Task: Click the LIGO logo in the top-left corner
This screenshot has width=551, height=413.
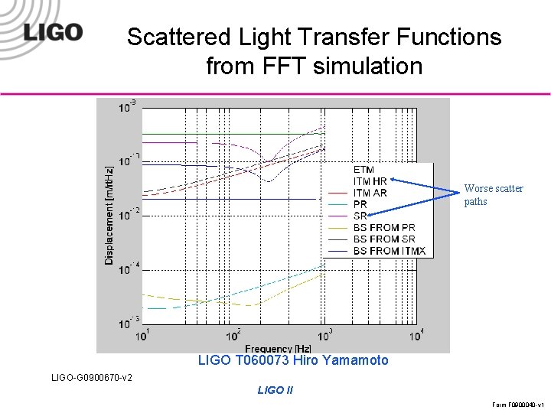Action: click(x=52, y=32)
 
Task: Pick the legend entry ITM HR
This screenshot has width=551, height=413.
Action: click(x=370, y=181)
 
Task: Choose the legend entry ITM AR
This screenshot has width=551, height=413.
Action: click(x=370, y=193)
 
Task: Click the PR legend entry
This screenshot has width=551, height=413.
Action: click(x=360, y=204)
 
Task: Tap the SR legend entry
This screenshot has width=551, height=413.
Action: click(x=360, y=216)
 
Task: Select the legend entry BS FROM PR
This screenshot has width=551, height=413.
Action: click(x=383, y=228)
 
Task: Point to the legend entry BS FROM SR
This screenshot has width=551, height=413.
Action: click(x=383, y=239)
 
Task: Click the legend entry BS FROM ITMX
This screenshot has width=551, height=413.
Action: click(x=389, y=251)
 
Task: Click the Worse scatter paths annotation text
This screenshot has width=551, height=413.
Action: click(x=494, y=195)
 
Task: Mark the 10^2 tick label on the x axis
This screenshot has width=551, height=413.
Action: click(x=234, y=335)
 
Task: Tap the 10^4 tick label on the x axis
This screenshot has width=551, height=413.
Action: click(x=416, y=335)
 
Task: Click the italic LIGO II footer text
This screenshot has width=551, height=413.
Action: click(x=275, y=390)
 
